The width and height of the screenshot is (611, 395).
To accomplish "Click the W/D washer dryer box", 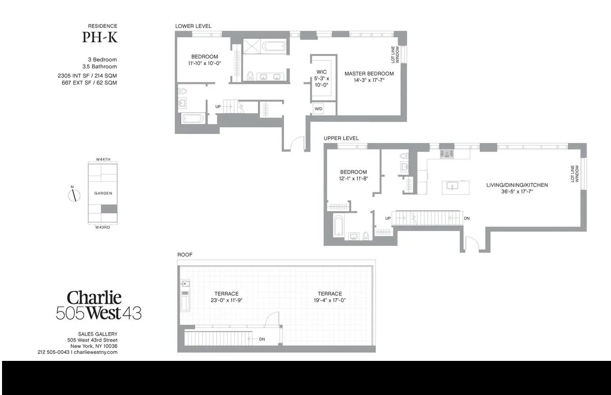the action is click(x=318, y=109).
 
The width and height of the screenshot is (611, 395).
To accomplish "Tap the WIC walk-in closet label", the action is click(x=322, y=72).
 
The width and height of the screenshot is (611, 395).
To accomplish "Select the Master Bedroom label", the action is click(x=369, y=74).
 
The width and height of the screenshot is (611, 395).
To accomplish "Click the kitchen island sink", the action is click(x=453, y=186).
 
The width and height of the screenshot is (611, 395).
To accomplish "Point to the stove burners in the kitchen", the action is click(x=447, y=154).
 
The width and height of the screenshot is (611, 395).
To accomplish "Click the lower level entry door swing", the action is click(x=297, y=143).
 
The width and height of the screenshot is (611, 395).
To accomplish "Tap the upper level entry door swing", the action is click(x=472, y=243).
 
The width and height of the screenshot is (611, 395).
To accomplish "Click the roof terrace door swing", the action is click(x=272, y=319).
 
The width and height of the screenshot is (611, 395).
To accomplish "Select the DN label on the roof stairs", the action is click(x=262, y=339).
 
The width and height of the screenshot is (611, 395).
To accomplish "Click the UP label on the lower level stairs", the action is click(x=218, y=106).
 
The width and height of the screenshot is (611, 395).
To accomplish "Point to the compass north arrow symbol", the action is click(x=74, y=195).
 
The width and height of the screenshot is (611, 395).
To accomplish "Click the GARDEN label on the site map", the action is click(x=103, y=193).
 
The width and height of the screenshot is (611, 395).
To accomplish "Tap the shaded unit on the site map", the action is click(x=109, y=209).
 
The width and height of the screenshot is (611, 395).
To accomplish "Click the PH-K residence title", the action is click(x=100, y=37).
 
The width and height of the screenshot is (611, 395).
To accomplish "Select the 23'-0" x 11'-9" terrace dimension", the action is click(x=227, y=300).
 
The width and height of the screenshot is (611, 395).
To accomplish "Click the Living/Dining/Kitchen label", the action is click(x=517, y=185).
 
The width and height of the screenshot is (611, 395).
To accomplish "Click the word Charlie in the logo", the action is click(x=94, y=298).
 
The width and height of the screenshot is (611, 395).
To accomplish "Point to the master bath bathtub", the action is click(x=273, y=46).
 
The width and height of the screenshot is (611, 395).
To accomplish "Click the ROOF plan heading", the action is click(x=185, y=255).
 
